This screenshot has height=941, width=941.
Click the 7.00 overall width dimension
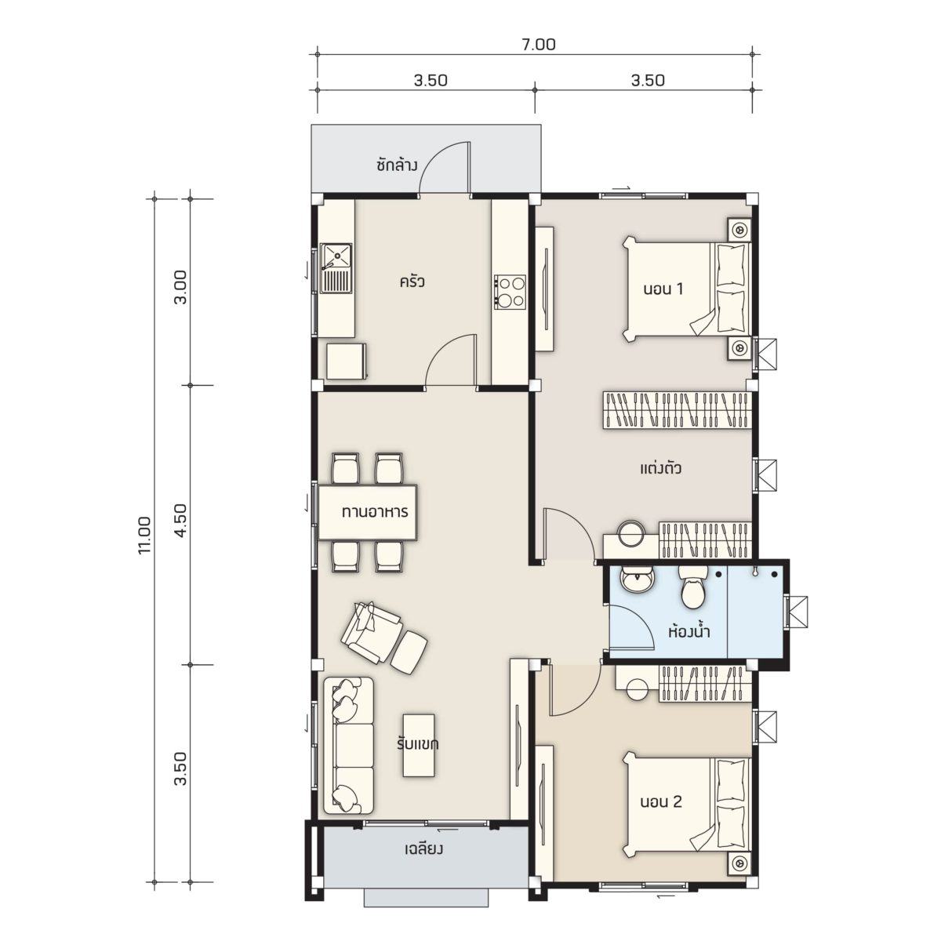pyautogui.click(x=539, y=45)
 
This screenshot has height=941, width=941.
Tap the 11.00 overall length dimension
pyautogui.click(x=146, y=536)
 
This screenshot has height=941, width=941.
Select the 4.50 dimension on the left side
pyautogui.click(x=180, y=521)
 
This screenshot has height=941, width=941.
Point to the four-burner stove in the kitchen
pyautogui.click(x=510, y=292)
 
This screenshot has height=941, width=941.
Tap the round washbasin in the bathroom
pyautogui.click(x=636, y=580)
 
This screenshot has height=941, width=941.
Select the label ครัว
pyautogui.click(x=412, y=282)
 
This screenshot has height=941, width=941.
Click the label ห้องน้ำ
pyautogui.click(x=688, y=631)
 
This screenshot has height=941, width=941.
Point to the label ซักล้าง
pyautogui.click(x=397, y=165)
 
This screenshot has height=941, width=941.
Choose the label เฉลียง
pyautogui.click(x=423, y=848)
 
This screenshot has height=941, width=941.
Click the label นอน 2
pyautogui.click(x=661, y=801)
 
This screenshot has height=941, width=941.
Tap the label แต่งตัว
pyautogui.click(x=661, y=468)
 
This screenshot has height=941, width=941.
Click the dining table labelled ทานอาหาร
pyautogui.click(x=367, y=512)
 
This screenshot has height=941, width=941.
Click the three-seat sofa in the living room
pyautogui.click(x=348, y=746)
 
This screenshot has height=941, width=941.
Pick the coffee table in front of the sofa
pyautogui.click(x=419, y=746)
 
